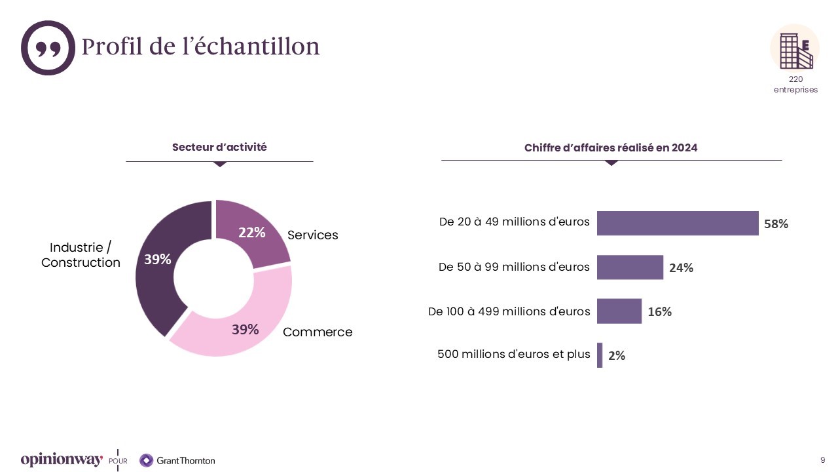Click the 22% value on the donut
point(251,233)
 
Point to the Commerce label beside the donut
point(318,332)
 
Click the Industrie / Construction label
point(81,255)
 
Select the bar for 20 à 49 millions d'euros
point(678,224)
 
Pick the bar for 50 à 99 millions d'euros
point(630,267)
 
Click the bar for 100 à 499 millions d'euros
point(619,311)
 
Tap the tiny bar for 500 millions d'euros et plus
point(600,355)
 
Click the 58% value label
point(776,224)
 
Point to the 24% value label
point(681,267)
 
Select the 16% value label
point(659,311)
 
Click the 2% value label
point(617,355)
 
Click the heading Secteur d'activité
point(219,147)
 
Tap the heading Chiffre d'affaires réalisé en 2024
point(611,148)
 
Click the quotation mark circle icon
point(48,48)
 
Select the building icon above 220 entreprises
point(795,50)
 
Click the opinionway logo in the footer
point(62,460)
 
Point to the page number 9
point(822,460)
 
